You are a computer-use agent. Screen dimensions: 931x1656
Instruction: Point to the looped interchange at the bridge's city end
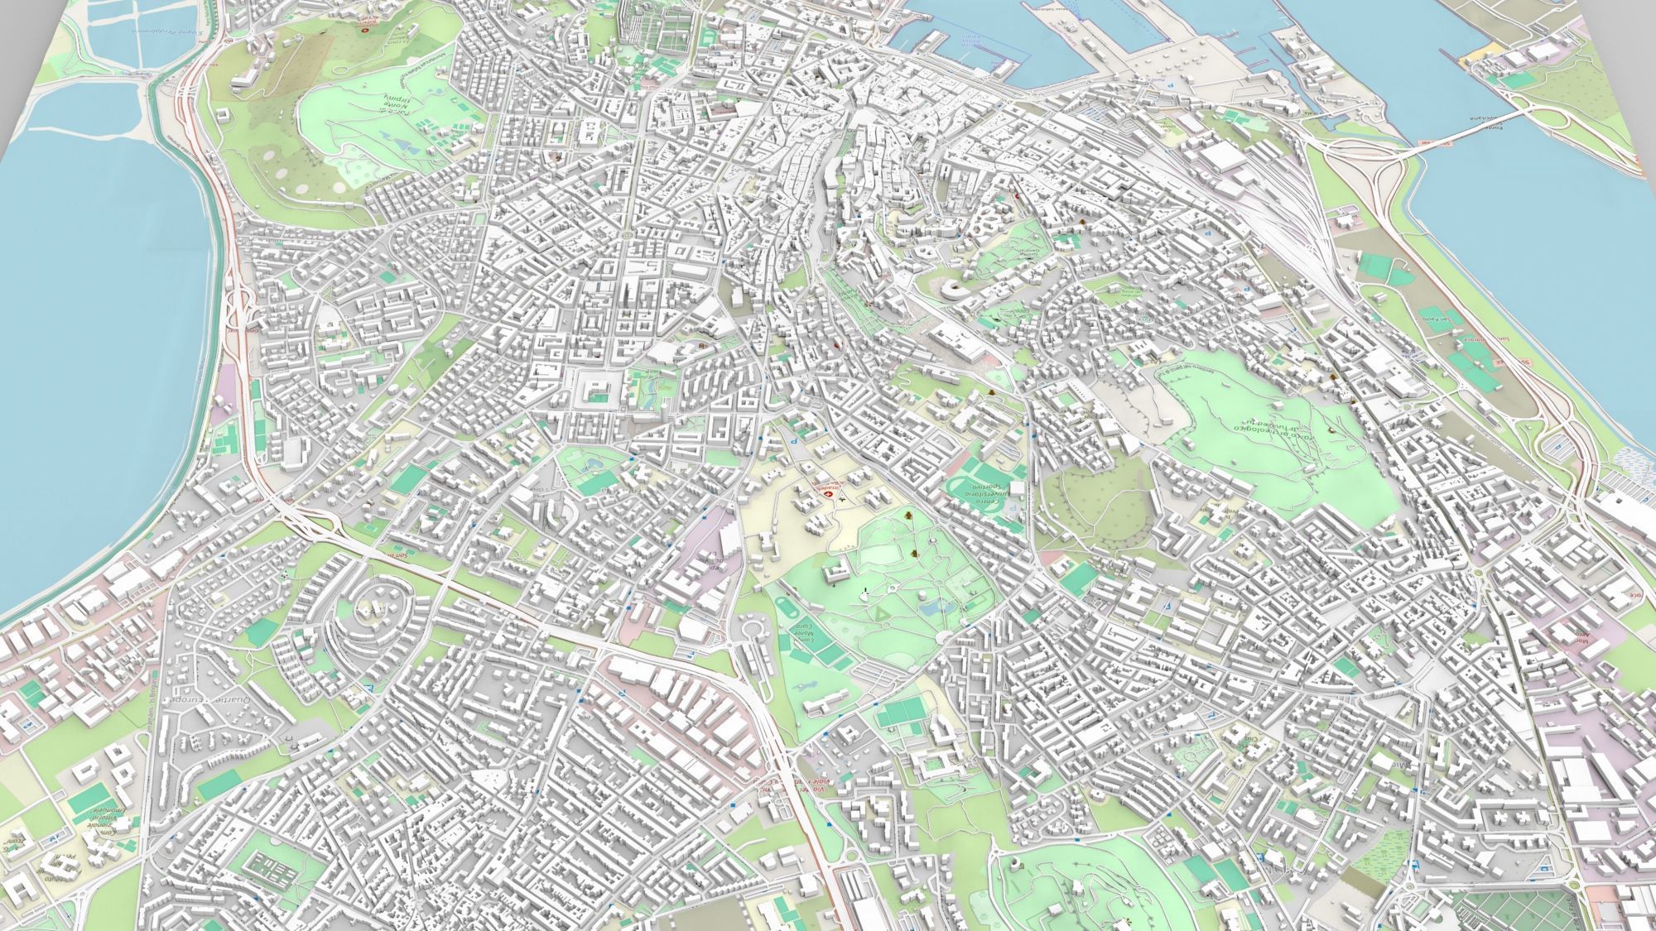point(1341,149)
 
